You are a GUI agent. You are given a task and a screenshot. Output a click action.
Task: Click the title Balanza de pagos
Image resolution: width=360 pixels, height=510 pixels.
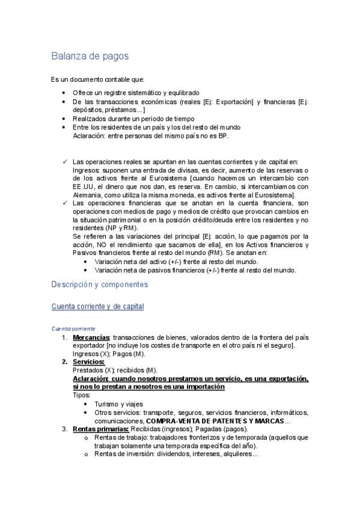point(90,57)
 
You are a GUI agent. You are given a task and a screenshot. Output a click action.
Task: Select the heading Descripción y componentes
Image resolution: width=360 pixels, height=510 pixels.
point(99,284)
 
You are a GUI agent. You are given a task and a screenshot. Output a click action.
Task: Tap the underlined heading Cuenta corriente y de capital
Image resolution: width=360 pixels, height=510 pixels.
point(97,307)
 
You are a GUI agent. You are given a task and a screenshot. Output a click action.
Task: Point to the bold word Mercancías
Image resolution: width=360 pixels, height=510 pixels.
point(91,337)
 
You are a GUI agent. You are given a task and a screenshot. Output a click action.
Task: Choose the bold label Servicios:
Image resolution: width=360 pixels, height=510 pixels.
point(88,362)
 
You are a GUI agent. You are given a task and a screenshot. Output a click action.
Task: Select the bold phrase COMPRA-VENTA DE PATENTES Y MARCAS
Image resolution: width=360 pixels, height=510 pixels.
point(215,420)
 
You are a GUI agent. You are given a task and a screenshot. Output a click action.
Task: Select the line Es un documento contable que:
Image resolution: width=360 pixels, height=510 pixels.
point(97,79)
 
